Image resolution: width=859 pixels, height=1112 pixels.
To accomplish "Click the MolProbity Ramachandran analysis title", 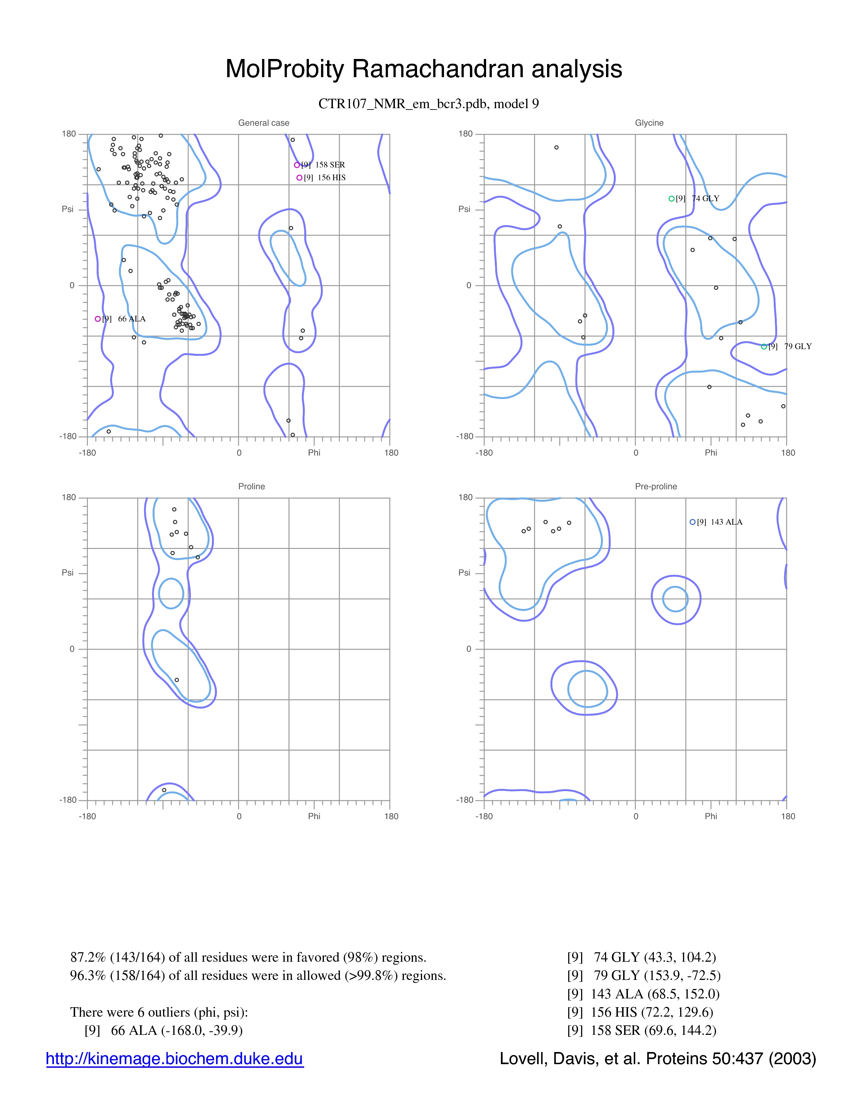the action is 423,69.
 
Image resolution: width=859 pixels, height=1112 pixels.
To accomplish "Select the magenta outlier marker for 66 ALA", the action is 98,319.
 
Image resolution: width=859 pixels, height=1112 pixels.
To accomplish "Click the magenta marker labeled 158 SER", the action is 297,165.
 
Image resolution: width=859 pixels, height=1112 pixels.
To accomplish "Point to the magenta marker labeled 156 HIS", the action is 299,178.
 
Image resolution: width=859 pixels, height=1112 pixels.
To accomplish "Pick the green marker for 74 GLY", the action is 671,198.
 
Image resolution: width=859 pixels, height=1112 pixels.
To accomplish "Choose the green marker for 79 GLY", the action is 764,347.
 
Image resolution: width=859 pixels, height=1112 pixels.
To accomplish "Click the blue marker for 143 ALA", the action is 693,522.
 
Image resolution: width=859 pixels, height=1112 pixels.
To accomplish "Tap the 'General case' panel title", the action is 264,123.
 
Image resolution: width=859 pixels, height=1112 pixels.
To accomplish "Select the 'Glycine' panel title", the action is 649,123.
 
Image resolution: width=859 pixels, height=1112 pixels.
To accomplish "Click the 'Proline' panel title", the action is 251,486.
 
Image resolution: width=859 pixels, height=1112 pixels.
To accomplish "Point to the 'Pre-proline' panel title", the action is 656,486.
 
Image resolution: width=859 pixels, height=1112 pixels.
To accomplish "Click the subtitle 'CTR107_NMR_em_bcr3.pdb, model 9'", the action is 428,104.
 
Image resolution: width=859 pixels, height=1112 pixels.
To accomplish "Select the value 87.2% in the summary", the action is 88,958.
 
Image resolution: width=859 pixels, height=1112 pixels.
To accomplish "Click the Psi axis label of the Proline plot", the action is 68,573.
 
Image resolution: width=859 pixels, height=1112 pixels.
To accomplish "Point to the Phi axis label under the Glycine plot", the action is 711,453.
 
